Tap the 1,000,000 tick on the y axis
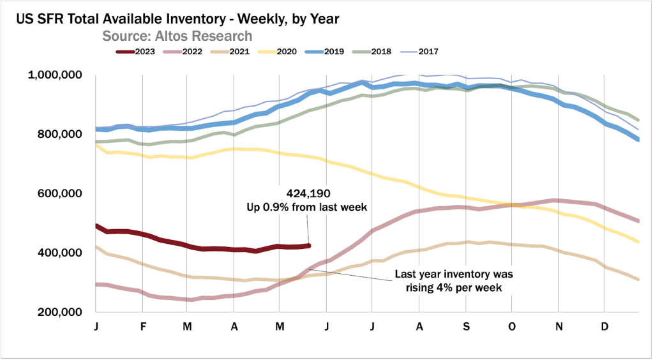[54, 75]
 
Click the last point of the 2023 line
[310, 245]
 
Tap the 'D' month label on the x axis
[604, 327]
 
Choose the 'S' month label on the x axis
[465, 327]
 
